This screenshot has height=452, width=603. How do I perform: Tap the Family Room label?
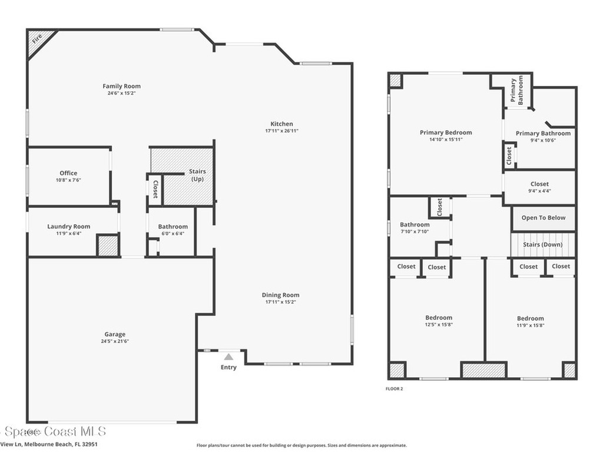(121, 86)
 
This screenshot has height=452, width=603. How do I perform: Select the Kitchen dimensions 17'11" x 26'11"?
(281, 131)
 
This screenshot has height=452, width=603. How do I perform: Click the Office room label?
(68, 173)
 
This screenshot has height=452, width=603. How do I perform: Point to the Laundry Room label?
(68, 227)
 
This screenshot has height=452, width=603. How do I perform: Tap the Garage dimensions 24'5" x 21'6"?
(115, 341)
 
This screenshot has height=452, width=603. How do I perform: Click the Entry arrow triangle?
(228, 356)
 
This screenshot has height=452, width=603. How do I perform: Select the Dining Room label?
(280, 295)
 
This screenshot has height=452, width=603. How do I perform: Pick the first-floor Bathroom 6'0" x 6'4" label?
(173, 227)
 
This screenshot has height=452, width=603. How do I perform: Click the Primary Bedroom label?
(445, 132)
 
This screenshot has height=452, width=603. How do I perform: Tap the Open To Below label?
(543, 218)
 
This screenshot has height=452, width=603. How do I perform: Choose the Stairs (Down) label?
(543, 244)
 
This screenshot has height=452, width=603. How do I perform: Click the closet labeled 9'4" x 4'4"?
(539, 184)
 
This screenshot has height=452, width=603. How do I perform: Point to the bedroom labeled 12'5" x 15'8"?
(439, 318)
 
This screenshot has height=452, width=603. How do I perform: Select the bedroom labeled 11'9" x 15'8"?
(530, 318)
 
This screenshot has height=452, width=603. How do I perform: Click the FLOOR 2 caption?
(394, 388)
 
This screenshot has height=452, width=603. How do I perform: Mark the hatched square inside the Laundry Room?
(107, 245)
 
